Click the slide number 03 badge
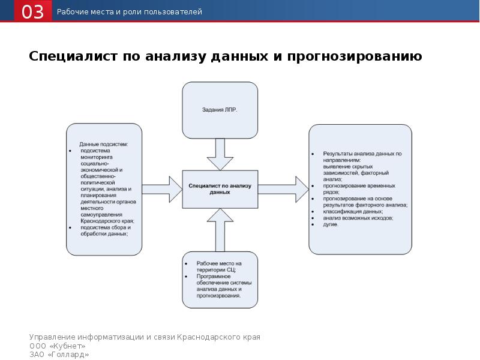pyautogui.click(x=34, y=12)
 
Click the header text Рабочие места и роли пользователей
pyautogui.click(x=130, y=12)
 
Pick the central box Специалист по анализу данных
pyautogui.click(x=220, y=190)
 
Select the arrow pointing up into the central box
pyautogui.click(x=220, y=229)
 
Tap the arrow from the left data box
pyautogui.click(x=162, y=189)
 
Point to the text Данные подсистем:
pyautogui.click(x=104, y=145)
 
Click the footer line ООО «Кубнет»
pyautogui.click(x=58, y=346)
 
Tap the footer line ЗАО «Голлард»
pyautogui.click(x=59, y=355)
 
